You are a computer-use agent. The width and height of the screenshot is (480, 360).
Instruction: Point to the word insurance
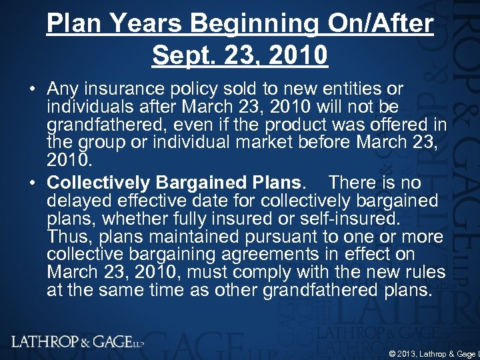pos(126,89)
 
